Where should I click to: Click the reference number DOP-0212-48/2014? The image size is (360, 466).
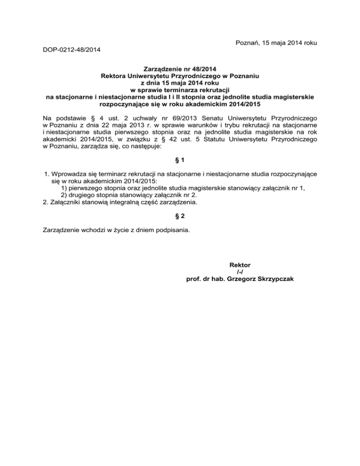pos(71,49)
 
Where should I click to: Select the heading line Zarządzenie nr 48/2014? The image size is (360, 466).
pos(180,68)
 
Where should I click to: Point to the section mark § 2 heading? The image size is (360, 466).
pos(180,217)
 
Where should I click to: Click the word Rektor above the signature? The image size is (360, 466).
pos(240,265)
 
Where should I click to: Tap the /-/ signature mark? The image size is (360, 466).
pos(240,272)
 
